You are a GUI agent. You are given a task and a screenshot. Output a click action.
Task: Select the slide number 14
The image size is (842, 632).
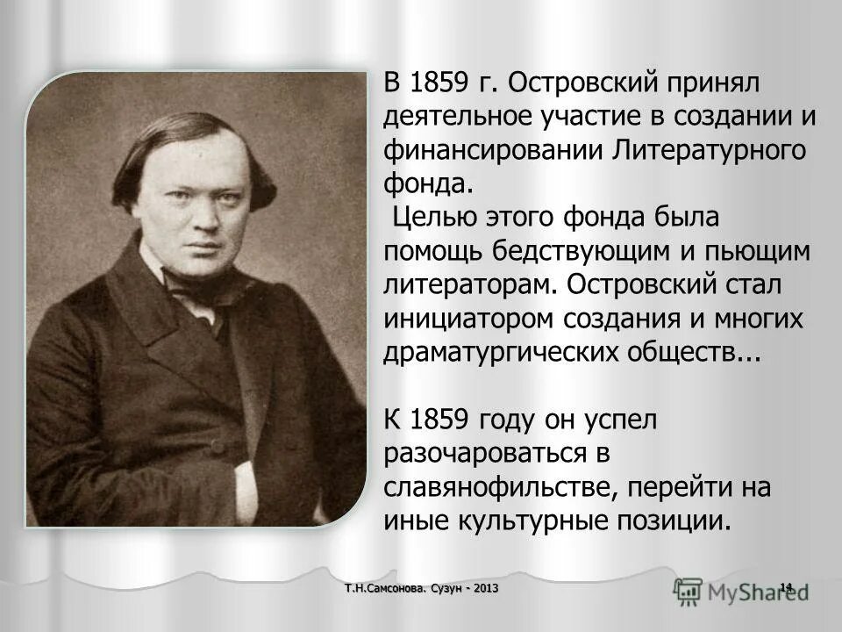pos(786,586)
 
